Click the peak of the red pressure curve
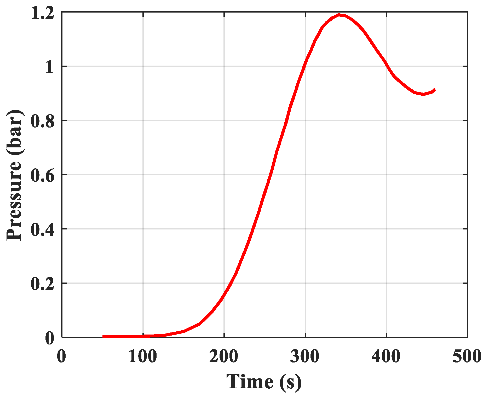339,15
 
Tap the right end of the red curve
435,90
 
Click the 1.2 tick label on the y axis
43,13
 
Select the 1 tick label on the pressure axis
50,67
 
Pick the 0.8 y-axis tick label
43,121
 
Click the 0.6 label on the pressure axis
43,176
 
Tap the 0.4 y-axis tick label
43,230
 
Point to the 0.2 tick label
43,284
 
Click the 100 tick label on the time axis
143,356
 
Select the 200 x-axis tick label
224,356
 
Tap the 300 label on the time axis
305,356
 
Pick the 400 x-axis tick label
386,356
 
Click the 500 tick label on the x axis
467,356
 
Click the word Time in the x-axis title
250,382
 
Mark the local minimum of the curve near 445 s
423,94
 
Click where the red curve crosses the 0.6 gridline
271,175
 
